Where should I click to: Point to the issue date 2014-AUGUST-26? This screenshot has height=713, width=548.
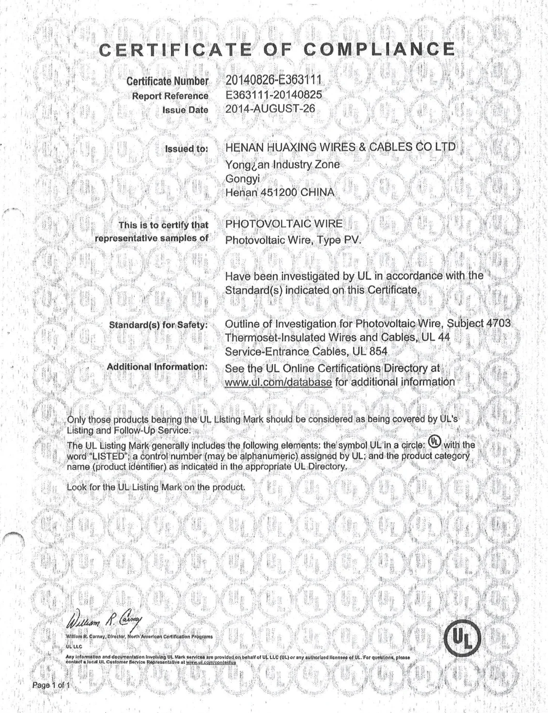pyautogui.click(x=270, y=109)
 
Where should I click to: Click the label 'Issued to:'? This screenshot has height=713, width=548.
pyautogui.click(x=187, y=149)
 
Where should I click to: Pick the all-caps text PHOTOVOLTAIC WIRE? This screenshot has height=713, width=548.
pyautogui.click(x=284, y=224)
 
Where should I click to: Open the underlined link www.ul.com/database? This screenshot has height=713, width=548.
pyautogui.click(x=279, y=382)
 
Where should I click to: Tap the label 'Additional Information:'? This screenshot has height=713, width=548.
pyautogui.click(x=157, y=367)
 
